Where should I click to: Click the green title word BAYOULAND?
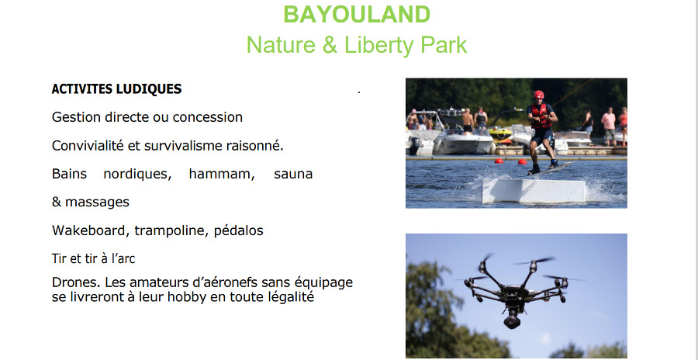tap(357, 14)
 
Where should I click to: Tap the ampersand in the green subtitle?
tap(330, 45)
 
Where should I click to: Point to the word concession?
tap(207, 117)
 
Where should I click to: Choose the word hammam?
tap(222, 174)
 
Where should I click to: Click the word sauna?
tap(293, 175)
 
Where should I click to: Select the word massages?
tap(97, 202)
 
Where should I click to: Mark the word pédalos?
tap(239, 230)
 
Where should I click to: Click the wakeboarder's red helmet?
tap(539, 95)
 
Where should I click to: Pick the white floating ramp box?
tap(534, 191)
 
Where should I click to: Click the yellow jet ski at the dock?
tap(500, 133)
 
